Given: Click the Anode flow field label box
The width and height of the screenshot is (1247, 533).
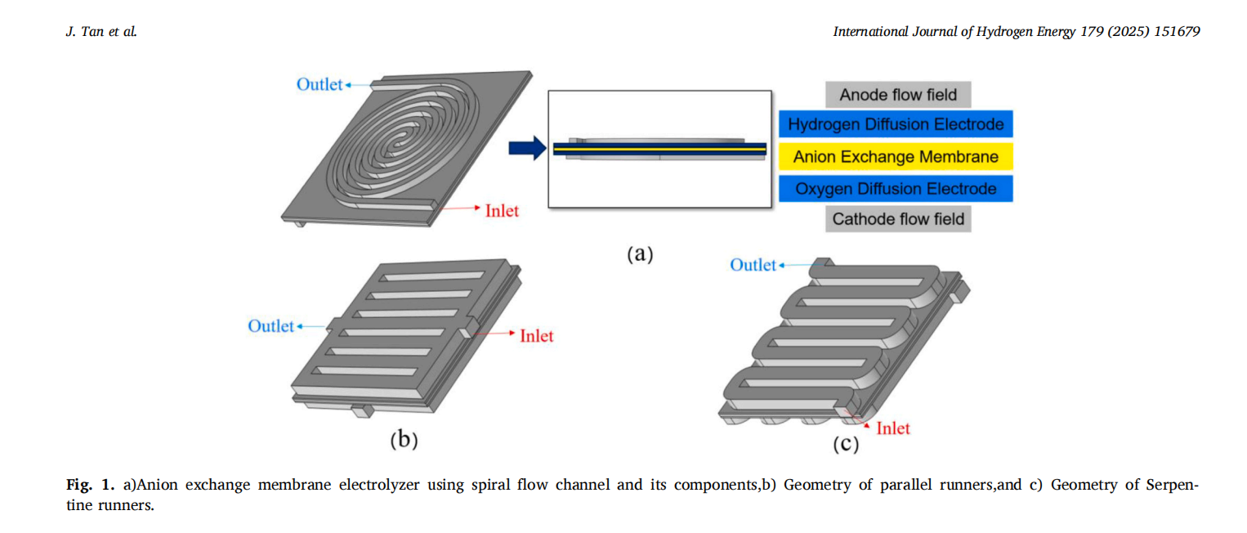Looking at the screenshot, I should pyautogui.click(x=897, y=95).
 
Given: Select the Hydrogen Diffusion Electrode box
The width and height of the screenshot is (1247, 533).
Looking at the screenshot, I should pyautogui.click(x=896, y=124).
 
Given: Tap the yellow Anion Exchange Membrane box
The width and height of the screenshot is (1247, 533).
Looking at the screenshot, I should pyautogui.click(x=896, y=156).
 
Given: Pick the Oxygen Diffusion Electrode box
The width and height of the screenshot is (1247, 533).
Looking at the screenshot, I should pyautogui.click(x=896, y=189).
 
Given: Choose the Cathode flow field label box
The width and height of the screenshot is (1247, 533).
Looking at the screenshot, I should pyautogui.click(x=898, y=219).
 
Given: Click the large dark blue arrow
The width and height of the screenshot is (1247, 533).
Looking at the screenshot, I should pyautogui.click(x=526, y=148).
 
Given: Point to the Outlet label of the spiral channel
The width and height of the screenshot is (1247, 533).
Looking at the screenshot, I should pyautogui.click(x=319, y=84).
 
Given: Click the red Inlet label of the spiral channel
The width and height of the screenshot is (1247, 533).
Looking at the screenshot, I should pyautogui.click(x=502, y=210).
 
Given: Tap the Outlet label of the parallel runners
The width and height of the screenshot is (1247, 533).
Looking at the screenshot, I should pyautogui.click(x=270, y=326).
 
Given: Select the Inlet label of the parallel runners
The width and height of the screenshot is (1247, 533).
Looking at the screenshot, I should pyautogui.click(x=536, y=335).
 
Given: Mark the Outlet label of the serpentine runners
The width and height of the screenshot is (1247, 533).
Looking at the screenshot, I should pyautogui.click(x=753, y=265).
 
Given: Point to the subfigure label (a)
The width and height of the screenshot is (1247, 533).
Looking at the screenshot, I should pyautogui.click(x=640, y=254).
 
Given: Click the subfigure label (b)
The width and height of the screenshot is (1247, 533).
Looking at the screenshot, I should pyautogui.click(x=404, y=441).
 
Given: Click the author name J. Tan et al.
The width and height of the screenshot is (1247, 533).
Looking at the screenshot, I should pyautogui.click(x=101, y=32).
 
